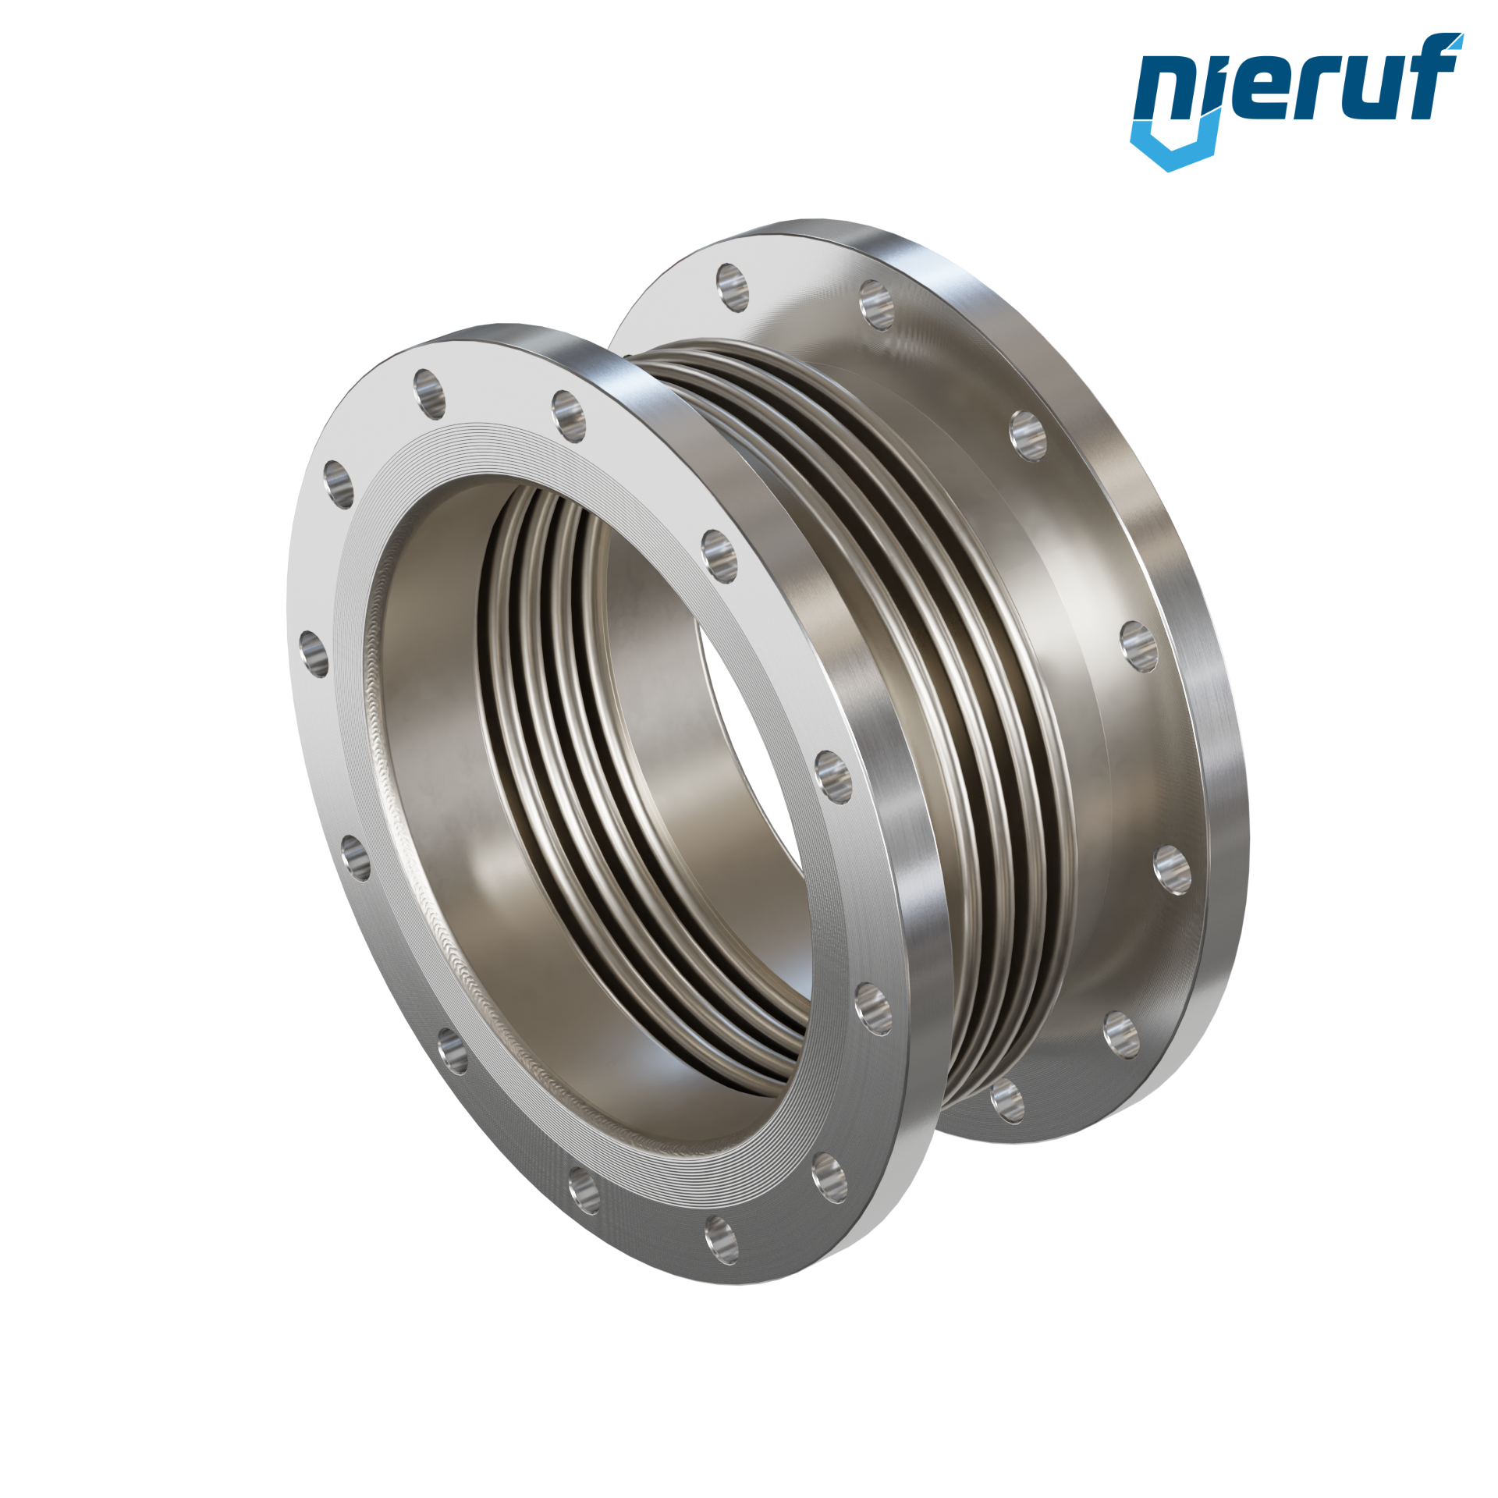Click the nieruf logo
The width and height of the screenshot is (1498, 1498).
tap(1296, 101)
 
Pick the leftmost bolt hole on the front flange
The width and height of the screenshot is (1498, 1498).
tap(314, 654)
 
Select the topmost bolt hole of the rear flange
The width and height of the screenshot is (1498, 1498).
tap(732, 286)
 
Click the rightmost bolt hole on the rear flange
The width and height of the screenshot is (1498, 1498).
tap(1172, 869)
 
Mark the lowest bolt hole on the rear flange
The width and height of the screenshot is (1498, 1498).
tap(1007, 1101)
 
